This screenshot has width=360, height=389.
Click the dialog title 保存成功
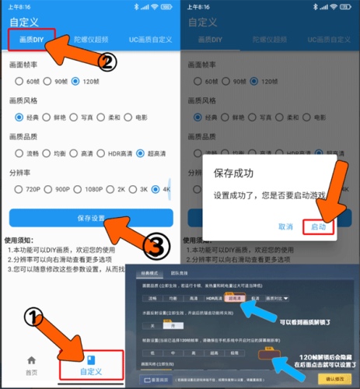coord(234,173)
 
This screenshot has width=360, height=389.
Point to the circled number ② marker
coord(108,61)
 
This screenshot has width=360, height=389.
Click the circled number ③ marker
coord(156,247)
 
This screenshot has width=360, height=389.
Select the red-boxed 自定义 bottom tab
coord(92,366)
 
